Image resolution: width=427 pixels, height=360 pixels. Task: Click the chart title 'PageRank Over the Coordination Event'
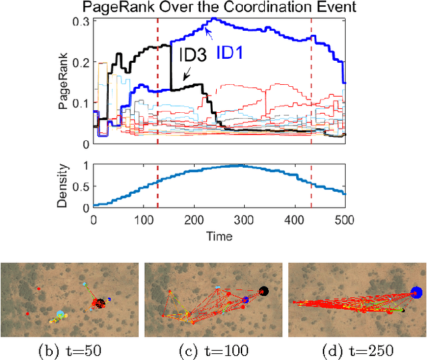pos(218,8)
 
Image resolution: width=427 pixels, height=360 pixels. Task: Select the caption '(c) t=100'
pos(212,348)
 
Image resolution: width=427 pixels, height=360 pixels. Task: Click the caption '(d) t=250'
pos(356,348)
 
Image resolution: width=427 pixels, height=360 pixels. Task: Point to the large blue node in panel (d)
pos(417,292)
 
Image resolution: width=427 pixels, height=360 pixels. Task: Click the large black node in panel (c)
pos(263,291)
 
